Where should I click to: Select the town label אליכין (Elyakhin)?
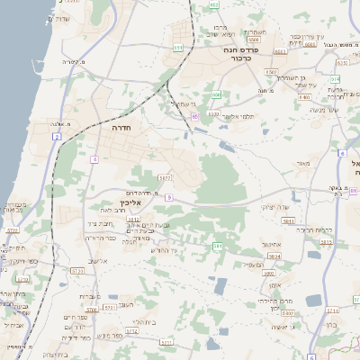click(132, 204)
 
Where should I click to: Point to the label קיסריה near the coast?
click(70, 61)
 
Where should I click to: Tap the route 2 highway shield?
click(56, 137)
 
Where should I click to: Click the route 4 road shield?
click(94, 159)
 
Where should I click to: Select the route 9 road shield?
click(168, 197)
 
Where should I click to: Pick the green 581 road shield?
click(217, 246)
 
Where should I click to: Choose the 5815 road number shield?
click(274, 256)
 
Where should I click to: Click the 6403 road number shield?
click(213, 114)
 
